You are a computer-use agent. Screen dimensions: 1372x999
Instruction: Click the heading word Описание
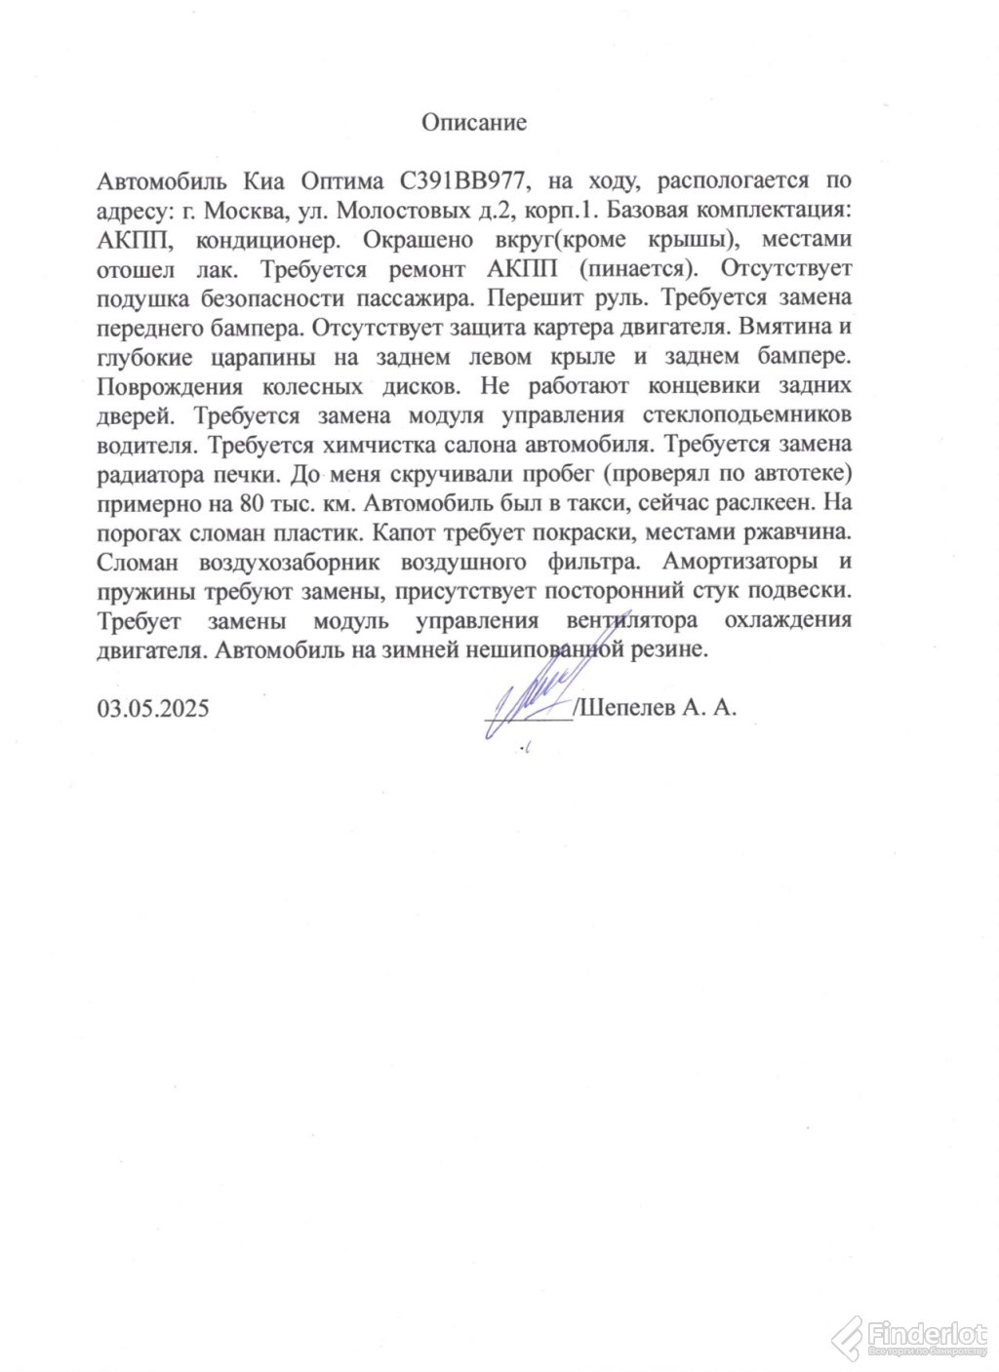click(x=474, y=123)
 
